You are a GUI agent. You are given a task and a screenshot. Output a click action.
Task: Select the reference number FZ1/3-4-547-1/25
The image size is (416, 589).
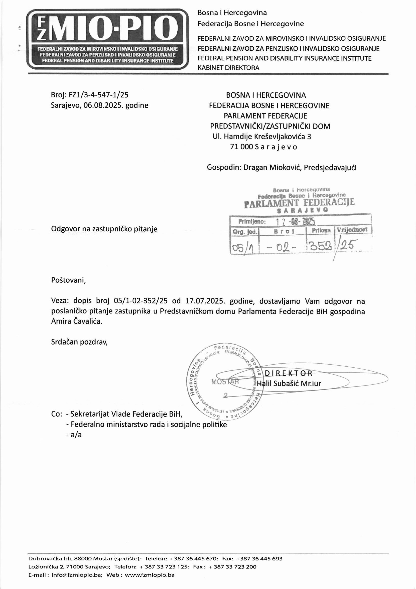98,95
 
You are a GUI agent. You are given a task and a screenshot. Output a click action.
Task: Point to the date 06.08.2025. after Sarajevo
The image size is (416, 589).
103,105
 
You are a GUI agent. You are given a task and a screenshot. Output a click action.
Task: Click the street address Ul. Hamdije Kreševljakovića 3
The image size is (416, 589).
262,137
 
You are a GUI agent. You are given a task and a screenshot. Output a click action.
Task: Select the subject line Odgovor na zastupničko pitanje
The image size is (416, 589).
104,229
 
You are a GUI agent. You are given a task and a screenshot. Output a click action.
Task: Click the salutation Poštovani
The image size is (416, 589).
68,280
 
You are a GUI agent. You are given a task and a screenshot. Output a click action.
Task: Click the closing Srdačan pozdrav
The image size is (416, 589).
79,342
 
